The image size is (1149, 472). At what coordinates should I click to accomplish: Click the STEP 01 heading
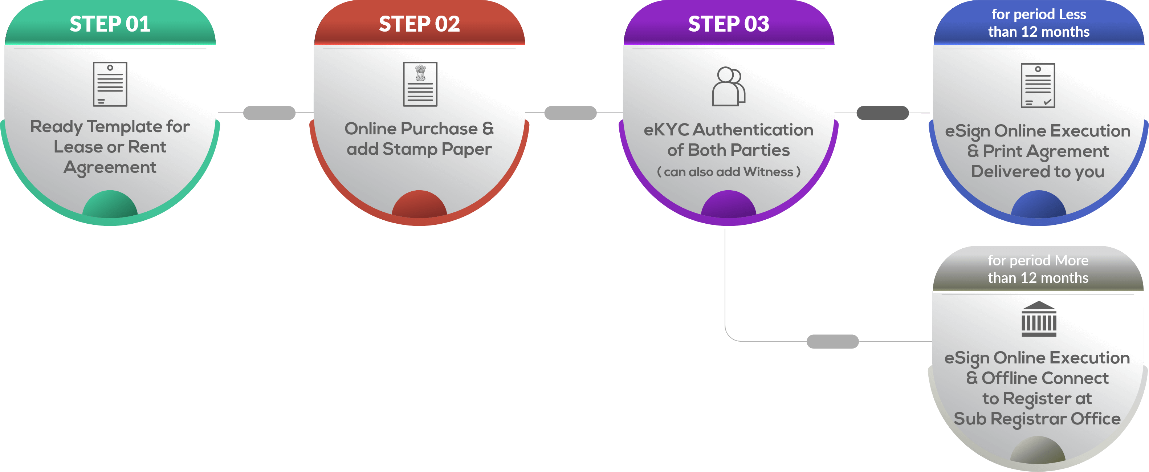[110, 24]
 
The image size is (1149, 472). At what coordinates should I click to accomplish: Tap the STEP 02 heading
[419, 24]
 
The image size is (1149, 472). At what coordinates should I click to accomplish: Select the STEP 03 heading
[728, 24]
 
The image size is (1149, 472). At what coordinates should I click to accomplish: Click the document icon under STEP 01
[110, 84]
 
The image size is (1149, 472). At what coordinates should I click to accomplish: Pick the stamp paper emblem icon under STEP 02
[420, 84]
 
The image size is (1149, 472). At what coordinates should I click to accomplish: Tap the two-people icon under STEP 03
[728, 86]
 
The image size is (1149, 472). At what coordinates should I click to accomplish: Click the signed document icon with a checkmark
[1038, 86]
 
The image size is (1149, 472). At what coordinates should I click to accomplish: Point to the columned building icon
[1039, 319]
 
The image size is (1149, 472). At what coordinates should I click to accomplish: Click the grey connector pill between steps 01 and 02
[269, 113]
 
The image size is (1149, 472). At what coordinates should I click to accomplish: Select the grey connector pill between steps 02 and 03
[570, 113]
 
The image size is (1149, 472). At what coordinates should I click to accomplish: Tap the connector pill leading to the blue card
[883, 113]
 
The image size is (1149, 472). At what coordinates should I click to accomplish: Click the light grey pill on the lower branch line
[832, 341]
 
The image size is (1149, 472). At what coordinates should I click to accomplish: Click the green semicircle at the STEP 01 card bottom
[110, 205]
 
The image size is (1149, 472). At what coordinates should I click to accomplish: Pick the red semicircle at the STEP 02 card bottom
[419, 205]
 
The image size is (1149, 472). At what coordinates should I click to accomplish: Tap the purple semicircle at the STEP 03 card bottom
[728, 205]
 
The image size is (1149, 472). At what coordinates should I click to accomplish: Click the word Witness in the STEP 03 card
[768, 172]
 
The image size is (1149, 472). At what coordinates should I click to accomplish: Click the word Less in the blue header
[1072, 14]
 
